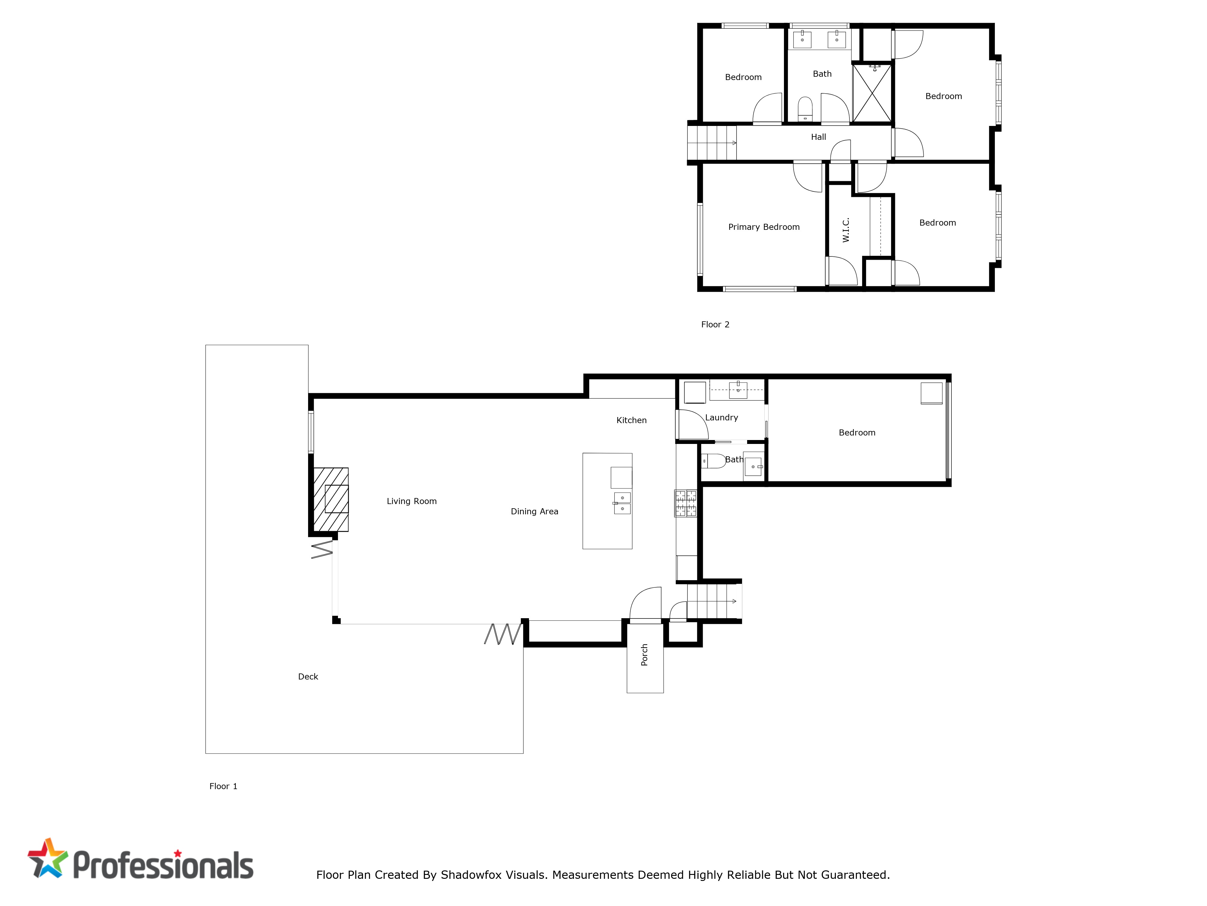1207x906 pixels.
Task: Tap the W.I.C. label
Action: coord(846,230)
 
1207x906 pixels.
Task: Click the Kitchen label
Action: coord(631,420)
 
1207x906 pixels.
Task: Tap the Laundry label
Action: coord(721,418)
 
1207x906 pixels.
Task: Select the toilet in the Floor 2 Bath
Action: coord(805,110)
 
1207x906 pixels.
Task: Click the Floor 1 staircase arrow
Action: coord(712,601)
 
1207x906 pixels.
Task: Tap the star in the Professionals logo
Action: coord(48,858)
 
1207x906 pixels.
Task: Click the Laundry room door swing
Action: coord(693,424)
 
